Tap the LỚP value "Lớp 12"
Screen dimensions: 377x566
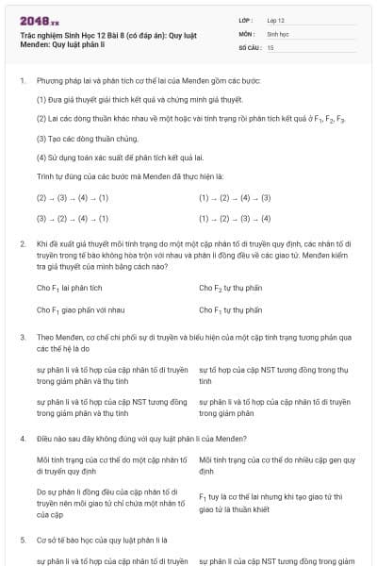coord(276,19)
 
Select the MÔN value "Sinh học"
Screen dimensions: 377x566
coord(276,32)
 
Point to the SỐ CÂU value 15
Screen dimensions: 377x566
coord(270,46)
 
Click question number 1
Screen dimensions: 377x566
coord(22,81)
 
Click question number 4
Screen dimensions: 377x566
coord(22,438)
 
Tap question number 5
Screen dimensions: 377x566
coord(22,540)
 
